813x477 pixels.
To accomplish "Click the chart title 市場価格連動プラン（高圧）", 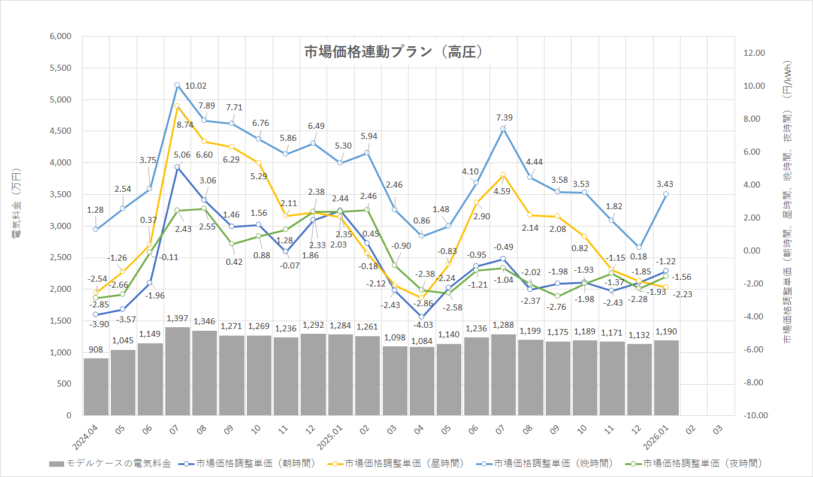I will pyautogui.click(x=393, y=52).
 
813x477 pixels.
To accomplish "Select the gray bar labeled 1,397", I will pyautogui.click(x=177, y=372).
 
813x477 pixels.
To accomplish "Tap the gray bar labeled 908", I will pyautogui.click(x=96, y=387).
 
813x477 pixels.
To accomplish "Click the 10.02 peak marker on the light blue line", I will pyautogui.click(x=177, y=85).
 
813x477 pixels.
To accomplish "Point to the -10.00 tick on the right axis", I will pyautogui.click(x=754, y=415).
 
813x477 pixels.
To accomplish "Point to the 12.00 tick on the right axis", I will pyautogui.click(x=754, y=53).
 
